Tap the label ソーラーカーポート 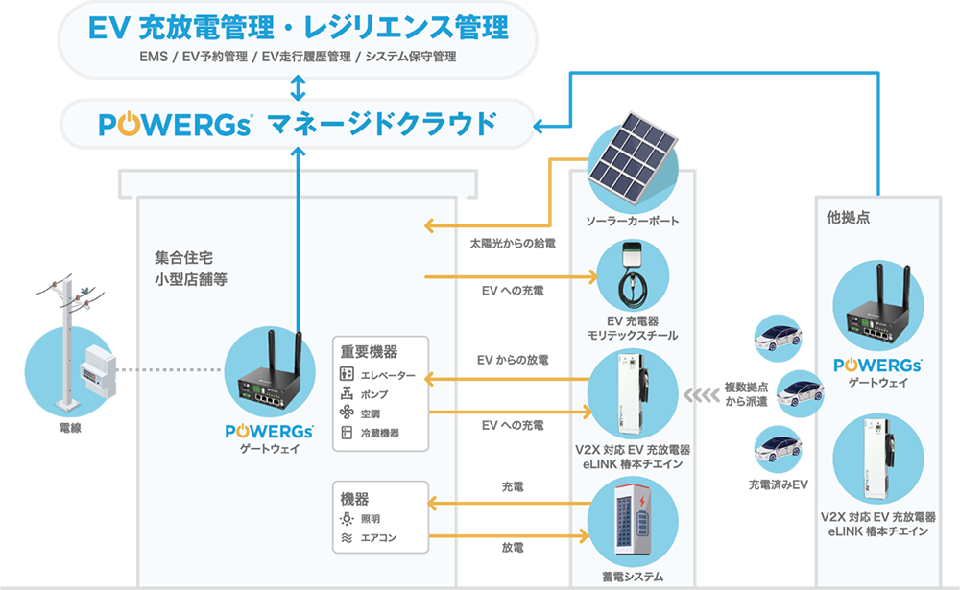[x=632, y=222]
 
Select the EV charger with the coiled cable [x=632, y=279]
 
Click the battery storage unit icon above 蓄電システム [x=632, y=523]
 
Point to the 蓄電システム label [x=632, y=577]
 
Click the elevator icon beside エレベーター [x=348, y=375]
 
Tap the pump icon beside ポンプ [x=348, y=394]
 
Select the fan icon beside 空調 [x=348, y=413]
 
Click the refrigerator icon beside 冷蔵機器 [x=348, y=433]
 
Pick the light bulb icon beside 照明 [x=348, y=519]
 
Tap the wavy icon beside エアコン [x=348, y=538]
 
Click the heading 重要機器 [x=369, y=352]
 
